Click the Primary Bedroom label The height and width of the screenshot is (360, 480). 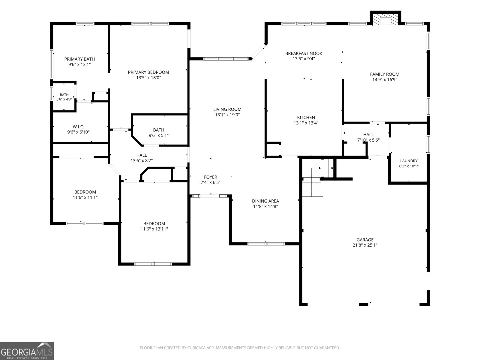tap(148, 72)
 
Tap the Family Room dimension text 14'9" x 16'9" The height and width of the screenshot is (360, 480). tap(385, 79)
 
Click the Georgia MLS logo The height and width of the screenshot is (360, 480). tap(27, 351)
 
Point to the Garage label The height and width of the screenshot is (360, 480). tap(365, 240)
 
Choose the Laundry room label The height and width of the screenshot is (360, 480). tap(409, 161)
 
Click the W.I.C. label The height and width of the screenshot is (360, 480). tap(78, 127)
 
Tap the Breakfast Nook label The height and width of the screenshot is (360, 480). tap(304, 53)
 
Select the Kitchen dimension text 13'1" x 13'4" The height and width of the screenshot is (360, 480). tap(306, 123)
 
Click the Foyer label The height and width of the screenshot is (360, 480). tap(210, 177)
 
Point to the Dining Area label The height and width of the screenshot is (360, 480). tap(265, 201)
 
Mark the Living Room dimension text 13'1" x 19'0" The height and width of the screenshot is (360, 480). tap(227, 115)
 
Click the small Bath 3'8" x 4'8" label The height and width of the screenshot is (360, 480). tap(64, 97)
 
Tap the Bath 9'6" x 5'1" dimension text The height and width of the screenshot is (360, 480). tap(158, 135)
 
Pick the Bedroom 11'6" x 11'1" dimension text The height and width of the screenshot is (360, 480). tap(85, 197)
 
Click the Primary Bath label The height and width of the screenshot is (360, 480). tap(79, 59)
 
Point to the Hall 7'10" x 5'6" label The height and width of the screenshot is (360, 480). tap(368, 137)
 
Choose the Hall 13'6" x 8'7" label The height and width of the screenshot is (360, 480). tap(142, 158)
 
